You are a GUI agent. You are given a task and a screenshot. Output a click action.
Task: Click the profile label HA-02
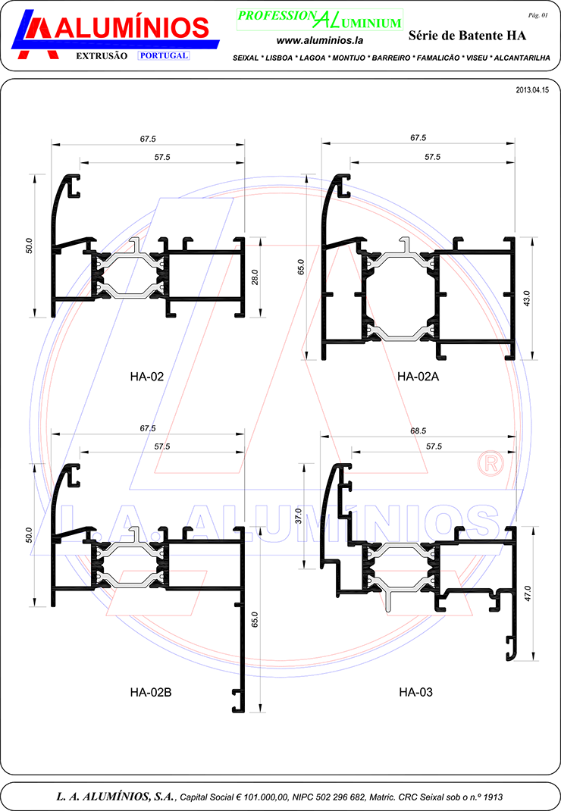146,377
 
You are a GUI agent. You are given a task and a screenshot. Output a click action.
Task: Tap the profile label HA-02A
418,377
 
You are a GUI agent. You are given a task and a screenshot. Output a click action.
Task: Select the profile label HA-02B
151,692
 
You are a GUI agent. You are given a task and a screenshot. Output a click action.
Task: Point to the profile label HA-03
415,692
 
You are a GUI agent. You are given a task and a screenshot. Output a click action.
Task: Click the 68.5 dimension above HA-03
418,431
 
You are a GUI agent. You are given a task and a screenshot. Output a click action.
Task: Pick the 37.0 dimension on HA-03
298,515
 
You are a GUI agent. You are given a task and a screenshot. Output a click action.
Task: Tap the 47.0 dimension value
528,593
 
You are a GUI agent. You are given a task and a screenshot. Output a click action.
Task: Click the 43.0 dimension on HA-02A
527,299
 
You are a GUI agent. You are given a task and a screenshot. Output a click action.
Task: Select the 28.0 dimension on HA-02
255,277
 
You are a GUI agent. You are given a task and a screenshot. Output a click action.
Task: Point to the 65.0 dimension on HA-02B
254,620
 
